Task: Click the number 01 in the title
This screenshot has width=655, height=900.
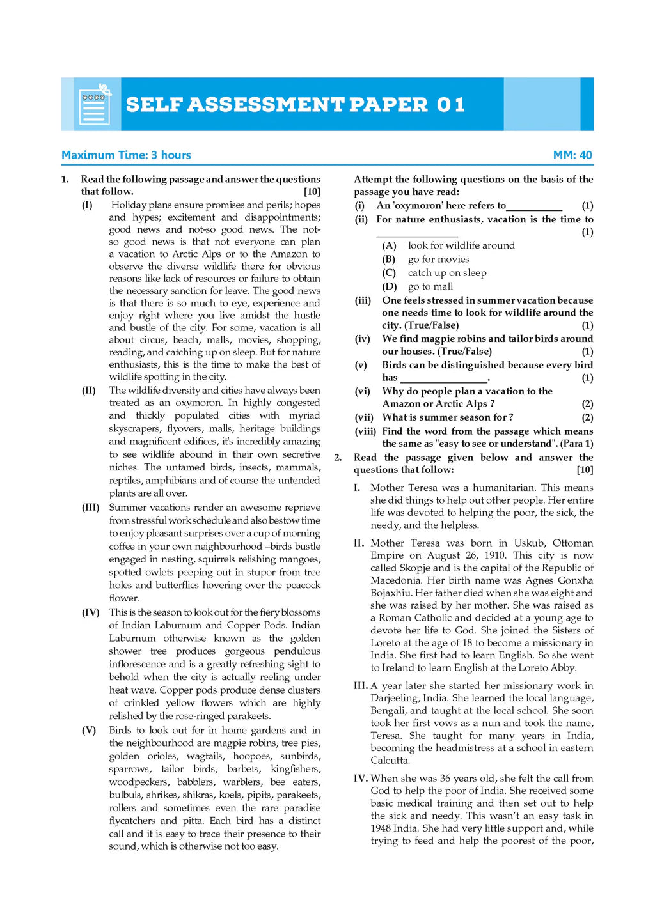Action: pos(450,104)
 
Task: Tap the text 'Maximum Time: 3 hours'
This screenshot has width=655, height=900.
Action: pos(126,155)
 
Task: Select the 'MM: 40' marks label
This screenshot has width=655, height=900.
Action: pos(572,155)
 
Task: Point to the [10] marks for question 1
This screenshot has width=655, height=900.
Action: pos(312,191)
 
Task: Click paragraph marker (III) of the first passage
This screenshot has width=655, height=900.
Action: pos(90,508)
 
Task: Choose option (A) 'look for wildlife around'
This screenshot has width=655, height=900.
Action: pos(461,245)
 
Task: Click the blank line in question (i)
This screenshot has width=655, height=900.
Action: pos(534,206)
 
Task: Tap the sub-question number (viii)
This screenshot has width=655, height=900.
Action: pos(365,431)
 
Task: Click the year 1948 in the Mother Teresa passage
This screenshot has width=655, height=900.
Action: pos(382,828)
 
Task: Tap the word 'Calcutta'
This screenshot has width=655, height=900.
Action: pos(390,760)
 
